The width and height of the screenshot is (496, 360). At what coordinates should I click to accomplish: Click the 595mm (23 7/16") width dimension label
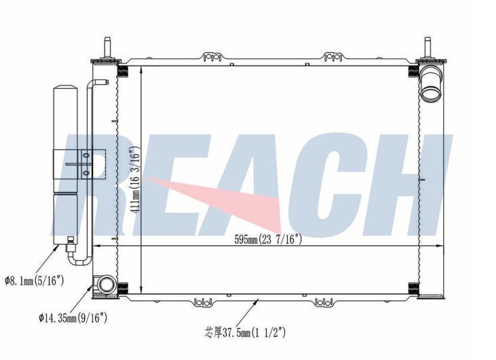268,239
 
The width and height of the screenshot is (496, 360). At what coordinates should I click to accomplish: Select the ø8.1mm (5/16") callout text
35,280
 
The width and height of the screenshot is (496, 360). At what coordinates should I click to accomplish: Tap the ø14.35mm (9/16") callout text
73,317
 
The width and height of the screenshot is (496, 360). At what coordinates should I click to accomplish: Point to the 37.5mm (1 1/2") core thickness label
246,332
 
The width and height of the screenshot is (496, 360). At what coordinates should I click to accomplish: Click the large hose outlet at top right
430,85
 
